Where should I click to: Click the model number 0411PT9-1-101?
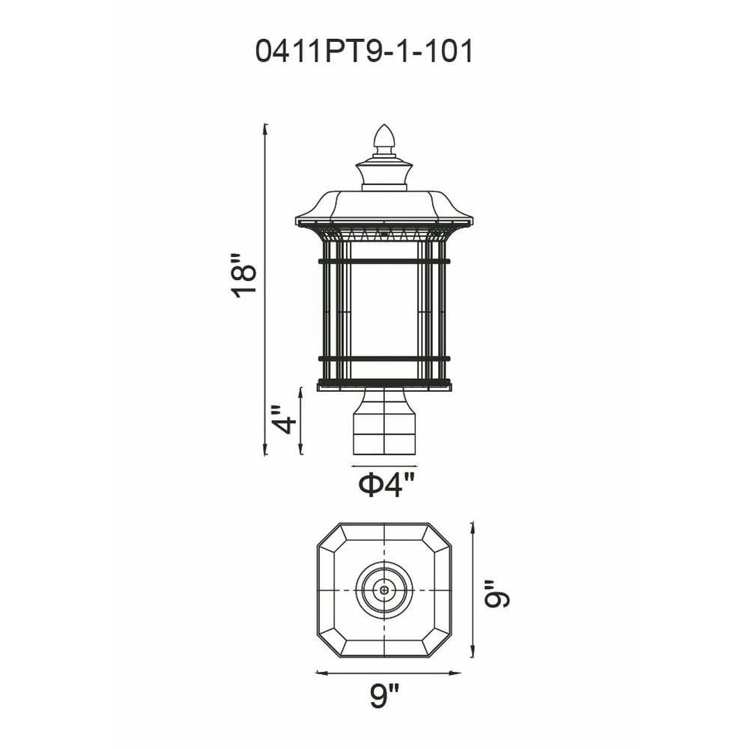[x=365, y=51]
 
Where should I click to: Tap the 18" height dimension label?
[x=244, y=277]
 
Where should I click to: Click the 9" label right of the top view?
[x=497, y=594]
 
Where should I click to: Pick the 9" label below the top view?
[x=384, y=696]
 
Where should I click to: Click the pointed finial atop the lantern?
[x=384, y=139]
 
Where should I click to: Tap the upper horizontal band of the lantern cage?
[x=384, y=261]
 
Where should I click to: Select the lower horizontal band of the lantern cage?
[x=384, y=358]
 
